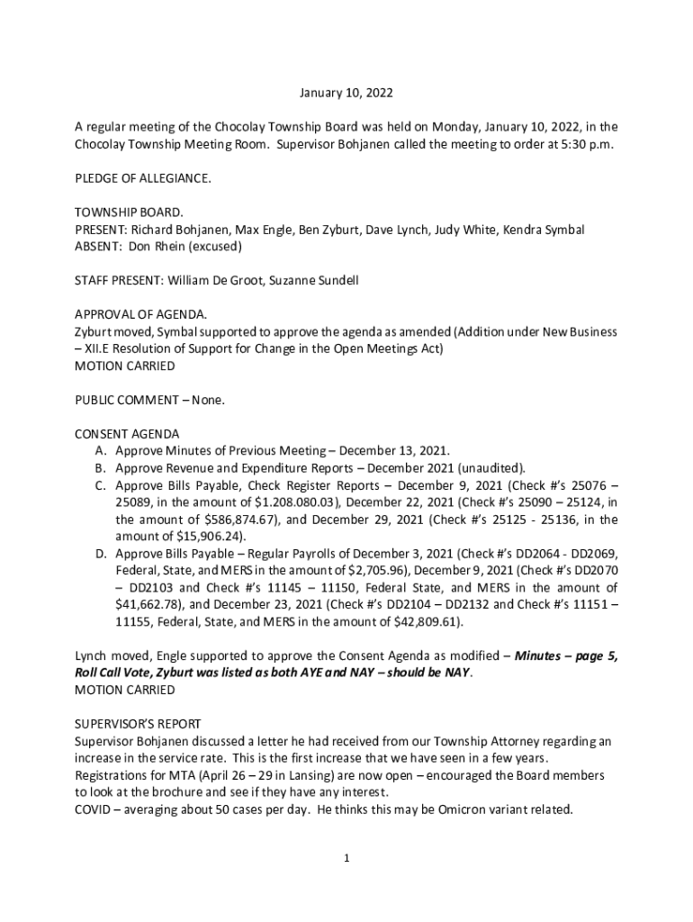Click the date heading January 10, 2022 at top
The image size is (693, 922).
tap(346, 93)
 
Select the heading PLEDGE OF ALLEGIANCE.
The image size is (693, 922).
tap(143, 178)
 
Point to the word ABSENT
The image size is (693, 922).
tap(97, 246)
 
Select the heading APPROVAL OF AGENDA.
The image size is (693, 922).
tap(140, 314)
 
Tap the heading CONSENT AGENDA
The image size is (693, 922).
tap(126, 434)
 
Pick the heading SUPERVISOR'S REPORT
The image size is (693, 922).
tap(138, 724)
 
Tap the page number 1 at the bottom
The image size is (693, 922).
tap(346, 859)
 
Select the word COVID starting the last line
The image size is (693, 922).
tap(94, 809)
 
